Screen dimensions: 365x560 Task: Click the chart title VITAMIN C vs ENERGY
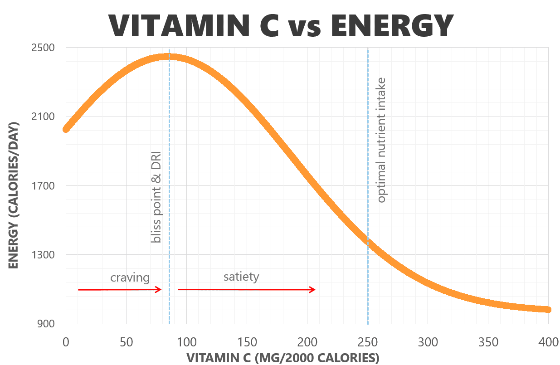[x=281, y=26]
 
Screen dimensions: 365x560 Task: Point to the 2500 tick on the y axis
[x=44, y=48]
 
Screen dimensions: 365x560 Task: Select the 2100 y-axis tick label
[x=44, y=117]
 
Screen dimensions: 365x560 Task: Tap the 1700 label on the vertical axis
[x=44, y=186]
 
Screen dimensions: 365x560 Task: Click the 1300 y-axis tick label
[x=44, y=255]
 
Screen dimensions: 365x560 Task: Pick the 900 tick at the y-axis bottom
[x=46, y=324]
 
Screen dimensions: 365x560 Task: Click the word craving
[x=130, y=277]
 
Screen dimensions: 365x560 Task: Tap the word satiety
[x=241, y=277]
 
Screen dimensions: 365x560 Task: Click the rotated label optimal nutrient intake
[x=382, y=140]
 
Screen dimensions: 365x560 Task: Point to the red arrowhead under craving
[x=159, y=289]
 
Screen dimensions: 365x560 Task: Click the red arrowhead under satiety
[x=312, y=290]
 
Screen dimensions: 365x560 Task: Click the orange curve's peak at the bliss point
[x=169, y=57]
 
